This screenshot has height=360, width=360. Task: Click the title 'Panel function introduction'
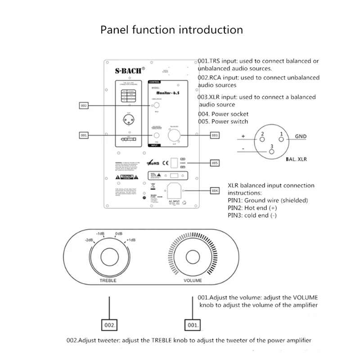tap(171, 30)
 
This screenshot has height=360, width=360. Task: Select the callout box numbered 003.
tap(216, 135)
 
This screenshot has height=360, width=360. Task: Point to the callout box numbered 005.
tap(216, 162)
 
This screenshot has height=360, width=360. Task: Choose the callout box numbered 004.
tap(216, 191)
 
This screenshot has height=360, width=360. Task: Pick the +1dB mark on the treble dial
tap(132, 240)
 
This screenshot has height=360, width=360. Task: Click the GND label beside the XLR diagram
tap(301, 136)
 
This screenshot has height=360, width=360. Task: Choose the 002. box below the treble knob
tap(110, 324)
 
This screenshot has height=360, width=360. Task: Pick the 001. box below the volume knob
tap(193, 324)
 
